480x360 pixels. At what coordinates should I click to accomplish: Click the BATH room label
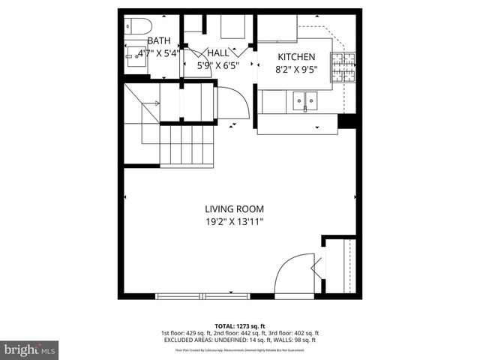coord(159,40)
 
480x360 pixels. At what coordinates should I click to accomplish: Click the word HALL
coord(218,52)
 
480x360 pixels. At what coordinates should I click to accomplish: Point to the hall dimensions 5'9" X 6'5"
coord(217,65)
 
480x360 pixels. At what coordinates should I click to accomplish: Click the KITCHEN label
coord(296,58)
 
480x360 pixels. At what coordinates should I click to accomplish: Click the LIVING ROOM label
coord(235,208)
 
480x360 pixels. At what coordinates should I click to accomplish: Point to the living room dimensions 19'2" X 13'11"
coord(235,221)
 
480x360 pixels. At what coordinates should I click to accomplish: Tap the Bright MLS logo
coord(29,349)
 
